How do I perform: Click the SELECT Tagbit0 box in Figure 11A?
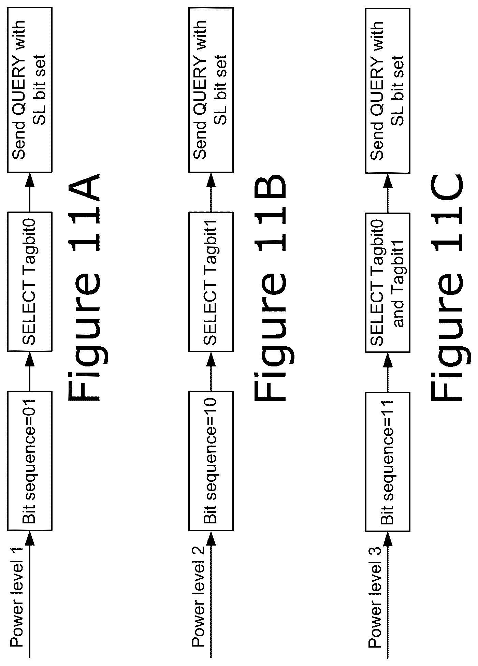point(30,281)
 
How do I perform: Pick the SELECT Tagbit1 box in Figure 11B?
point(211,281)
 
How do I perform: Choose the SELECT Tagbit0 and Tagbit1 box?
point(388,281)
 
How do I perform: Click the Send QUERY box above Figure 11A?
point(30,90)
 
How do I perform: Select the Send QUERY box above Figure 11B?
point(211,90)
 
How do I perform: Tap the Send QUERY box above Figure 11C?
point(388,90)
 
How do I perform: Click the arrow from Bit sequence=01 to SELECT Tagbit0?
point(30,371)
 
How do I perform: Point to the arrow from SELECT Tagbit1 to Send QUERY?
point(211,192)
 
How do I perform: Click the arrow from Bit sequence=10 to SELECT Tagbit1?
point(211,371)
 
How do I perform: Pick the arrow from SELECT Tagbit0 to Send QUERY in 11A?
point(30,192)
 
